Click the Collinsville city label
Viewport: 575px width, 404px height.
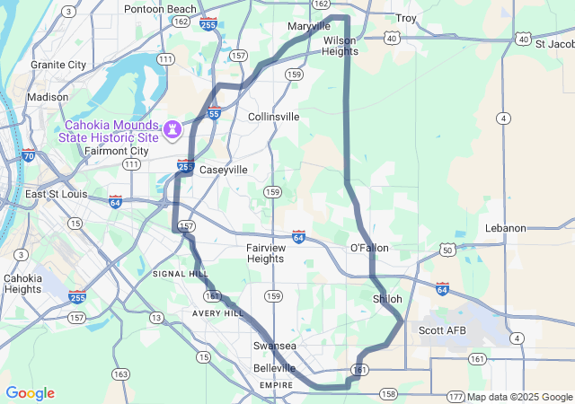(x=274, y=117)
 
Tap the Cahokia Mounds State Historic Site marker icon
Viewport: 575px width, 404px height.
(x=172, y=131)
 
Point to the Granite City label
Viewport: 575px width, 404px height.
(x=58, y=65)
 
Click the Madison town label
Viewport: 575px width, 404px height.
(x=47, y=97)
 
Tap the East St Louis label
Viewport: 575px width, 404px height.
(x=60, y=194)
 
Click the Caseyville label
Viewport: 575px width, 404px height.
(x=223, y=169)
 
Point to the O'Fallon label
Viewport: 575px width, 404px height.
(x=369, y=247)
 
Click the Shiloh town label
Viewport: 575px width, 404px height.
(x=387, y=298)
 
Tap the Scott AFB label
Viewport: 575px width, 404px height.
(x=443, y=330)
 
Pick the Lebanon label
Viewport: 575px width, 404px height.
(x=505, y=228)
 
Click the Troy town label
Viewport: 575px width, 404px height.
(x=406, y=18)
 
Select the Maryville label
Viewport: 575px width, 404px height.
(x=309, y=26)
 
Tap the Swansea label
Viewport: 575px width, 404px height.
(x=274, y=346)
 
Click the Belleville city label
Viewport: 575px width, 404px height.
(x=274, y=368)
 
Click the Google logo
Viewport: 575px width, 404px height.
(x=30, y=393)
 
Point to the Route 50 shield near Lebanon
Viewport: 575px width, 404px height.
(x=447, y=250)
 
